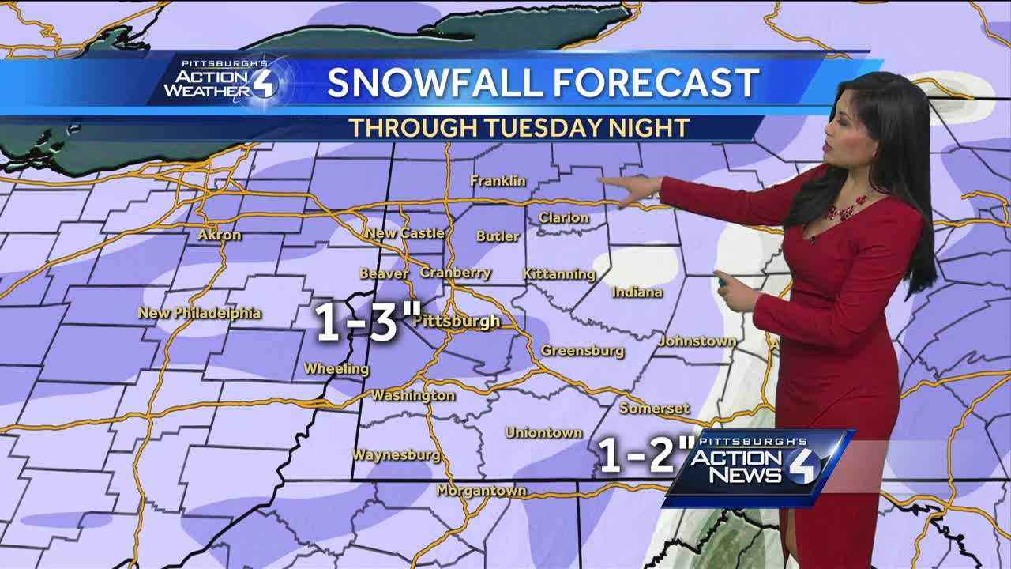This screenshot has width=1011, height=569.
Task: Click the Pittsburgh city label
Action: coord(457,322)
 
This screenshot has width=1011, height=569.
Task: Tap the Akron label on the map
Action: coord(219,235)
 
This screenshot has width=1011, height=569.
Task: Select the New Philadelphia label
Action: coord(199,313)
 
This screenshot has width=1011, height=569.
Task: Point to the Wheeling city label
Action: coord(336,369)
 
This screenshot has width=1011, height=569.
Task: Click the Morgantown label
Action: coord(481,491)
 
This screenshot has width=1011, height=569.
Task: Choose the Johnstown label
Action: coord(697,341)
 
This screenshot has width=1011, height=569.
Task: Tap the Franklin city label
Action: coord(498,181)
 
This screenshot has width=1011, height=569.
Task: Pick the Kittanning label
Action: coord(559,274)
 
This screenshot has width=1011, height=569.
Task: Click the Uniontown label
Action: coord(543,432)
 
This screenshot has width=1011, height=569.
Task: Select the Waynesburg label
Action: coord(396,455)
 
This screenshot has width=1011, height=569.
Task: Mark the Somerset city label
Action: coord(654,409)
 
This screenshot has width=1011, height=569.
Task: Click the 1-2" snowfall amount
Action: coord(646,454)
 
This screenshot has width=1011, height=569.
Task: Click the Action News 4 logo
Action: coord(758,466)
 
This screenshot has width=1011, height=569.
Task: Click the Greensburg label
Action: coord(582,351)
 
